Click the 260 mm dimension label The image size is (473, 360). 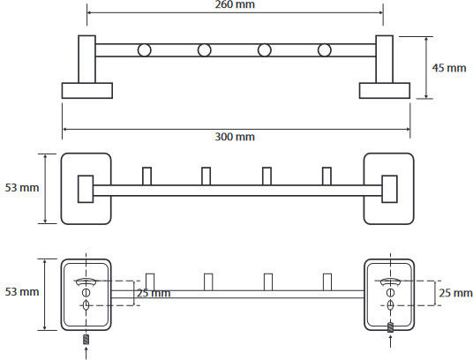coord(235,4)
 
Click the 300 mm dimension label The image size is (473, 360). coord(235,137)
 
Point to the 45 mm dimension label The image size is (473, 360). coord(449,68)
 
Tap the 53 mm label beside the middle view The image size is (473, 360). coord(22,188)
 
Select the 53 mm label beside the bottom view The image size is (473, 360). coord(22,292)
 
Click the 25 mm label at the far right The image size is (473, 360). coord(455,293)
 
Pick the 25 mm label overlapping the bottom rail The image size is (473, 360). coord(154,293)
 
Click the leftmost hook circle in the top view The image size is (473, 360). coord(144,50)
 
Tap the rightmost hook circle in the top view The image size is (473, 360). coord(324,50)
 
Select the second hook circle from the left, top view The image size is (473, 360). coord(204,50)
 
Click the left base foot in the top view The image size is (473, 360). coord(87,91)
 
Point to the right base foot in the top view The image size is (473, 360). coord(385,91)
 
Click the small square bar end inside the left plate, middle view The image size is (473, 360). coord(86,189)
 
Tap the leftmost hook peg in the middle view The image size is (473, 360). coord(146,176)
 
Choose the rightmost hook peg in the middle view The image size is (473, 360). coord(327,176)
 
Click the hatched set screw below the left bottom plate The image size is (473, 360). coord(86,339)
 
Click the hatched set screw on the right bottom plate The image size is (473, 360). coord(391,327)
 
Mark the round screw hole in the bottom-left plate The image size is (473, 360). coord(86,292)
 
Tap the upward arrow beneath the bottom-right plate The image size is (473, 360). coord(391,343)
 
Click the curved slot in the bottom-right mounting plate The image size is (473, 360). coord(390,281)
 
